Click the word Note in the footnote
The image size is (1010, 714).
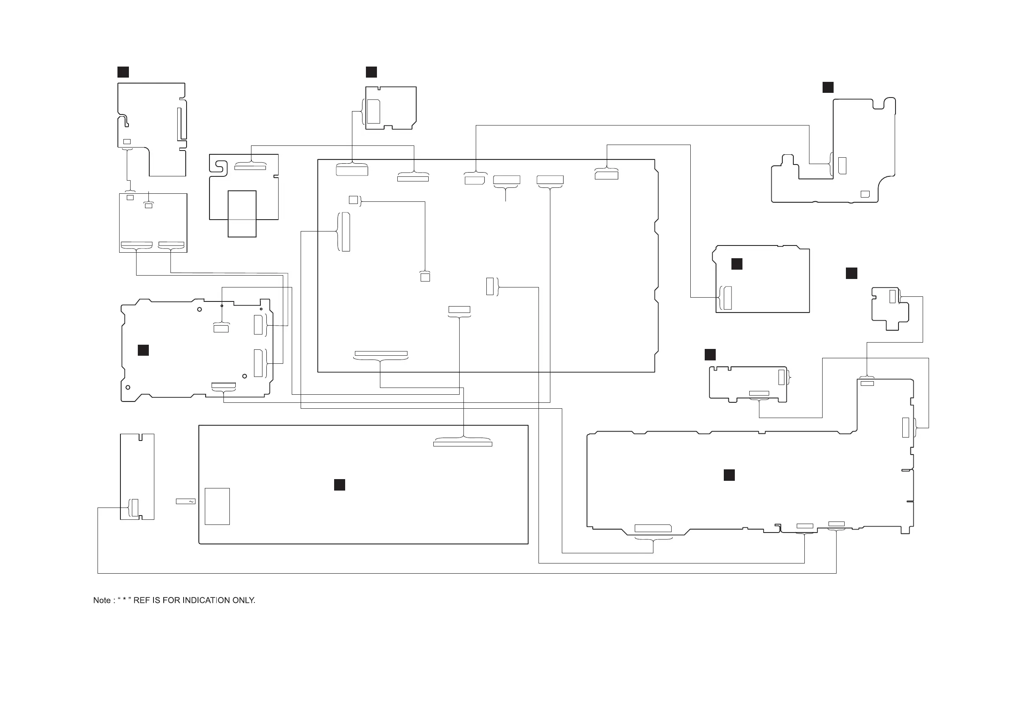coord(102,600)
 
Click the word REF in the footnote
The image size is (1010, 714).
coord(142,600)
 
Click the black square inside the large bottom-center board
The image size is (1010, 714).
coord(339,485)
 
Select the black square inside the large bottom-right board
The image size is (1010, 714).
coord(729,475)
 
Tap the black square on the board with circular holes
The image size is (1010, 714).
coord(143,350)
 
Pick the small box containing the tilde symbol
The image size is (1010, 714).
coord(186,502)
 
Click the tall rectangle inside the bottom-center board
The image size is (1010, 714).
coord(218,506)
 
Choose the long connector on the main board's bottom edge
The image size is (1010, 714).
coord(381,354)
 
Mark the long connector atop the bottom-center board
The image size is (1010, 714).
coord(462,444)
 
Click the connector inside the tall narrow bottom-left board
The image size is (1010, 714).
coord(135,508)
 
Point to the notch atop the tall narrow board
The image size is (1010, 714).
coord(140,437)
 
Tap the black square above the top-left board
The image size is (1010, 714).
coord(123,72)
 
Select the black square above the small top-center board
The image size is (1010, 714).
coord(371,72)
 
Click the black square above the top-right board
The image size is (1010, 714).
coord(828,87)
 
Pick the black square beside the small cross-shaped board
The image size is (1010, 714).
coord(851,273)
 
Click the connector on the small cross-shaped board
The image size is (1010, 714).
coord(893,296)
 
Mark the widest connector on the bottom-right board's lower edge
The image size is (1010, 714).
coord(653,528)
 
